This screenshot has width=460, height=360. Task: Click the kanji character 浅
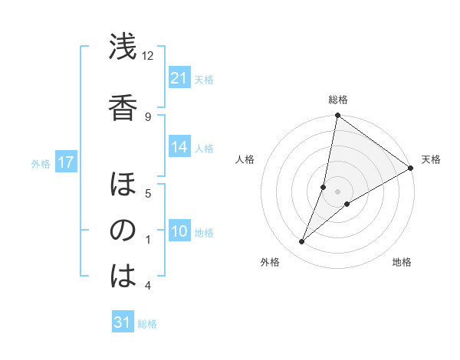123,48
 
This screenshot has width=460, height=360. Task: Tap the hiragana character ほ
123,185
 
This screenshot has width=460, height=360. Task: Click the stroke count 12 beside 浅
148,55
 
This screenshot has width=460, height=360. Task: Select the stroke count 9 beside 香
148,116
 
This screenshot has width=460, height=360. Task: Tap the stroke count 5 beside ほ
148,192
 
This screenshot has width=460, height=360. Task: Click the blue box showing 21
179,78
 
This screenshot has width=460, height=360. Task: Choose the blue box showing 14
179,148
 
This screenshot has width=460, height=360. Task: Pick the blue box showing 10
179,231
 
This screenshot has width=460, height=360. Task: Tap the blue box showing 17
65,162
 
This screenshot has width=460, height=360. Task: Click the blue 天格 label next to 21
204,79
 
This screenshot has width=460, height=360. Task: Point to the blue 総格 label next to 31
147,324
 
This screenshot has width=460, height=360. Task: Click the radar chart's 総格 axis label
338,100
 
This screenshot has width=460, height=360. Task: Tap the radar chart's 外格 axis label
270,262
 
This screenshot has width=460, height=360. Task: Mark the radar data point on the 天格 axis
411,169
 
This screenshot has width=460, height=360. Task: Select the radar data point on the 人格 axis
324,187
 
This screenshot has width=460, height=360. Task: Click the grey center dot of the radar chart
337,191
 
